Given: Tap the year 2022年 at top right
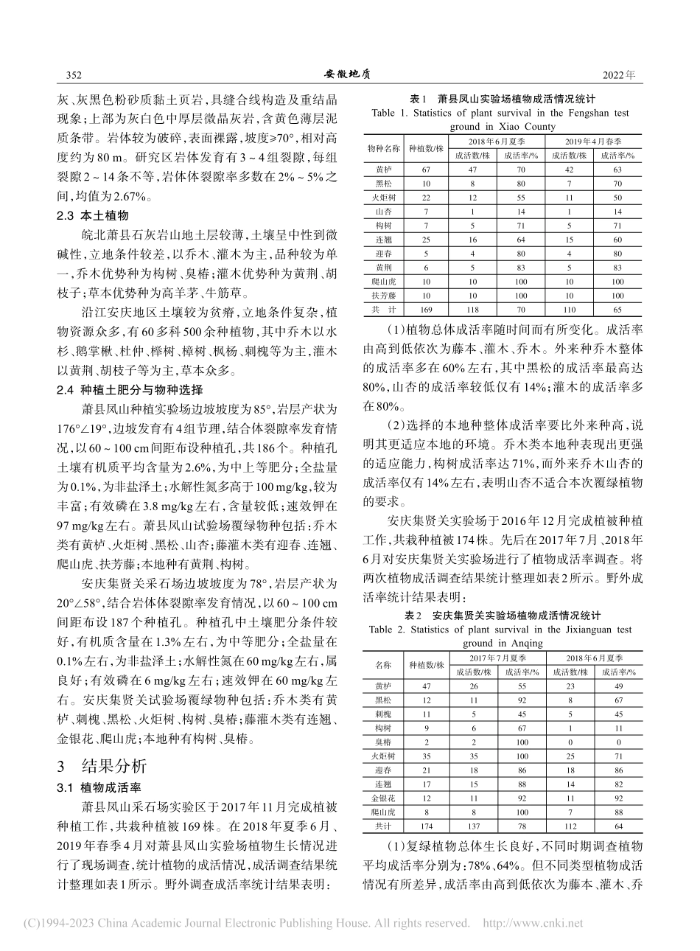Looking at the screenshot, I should coord(618,75).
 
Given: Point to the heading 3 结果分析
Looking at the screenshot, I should coord(105,762).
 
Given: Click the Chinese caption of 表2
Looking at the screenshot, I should coord(501,615).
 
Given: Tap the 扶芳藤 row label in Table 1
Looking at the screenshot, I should coord(384,295).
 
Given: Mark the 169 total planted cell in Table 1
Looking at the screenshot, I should coord(426,310).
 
